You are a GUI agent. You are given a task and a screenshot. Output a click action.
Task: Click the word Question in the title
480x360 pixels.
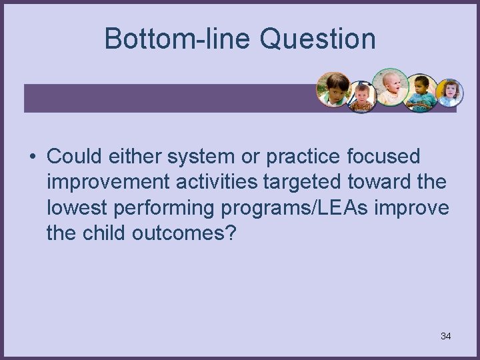(317, 39)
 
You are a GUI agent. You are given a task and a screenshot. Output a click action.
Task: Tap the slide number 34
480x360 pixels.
(445, 336)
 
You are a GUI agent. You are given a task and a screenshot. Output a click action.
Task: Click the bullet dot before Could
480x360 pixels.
(31, 157)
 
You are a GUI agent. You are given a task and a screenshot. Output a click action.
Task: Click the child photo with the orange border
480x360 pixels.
(333, 89)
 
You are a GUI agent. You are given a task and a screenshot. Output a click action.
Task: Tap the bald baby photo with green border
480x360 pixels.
(390, 87)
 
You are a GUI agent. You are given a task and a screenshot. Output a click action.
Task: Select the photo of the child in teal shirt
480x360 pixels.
(421, 93)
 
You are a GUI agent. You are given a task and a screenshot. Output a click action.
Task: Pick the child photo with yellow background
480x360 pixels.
(449, 93)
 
